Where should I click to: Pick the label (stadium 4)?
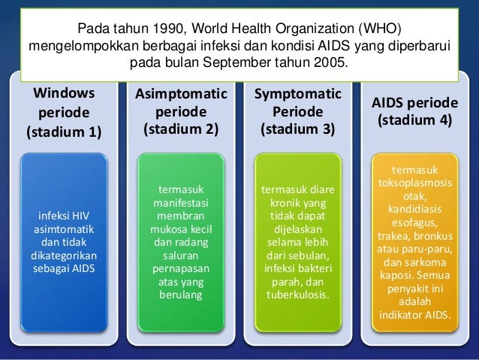415,119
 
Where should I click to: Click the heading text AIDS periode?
415,102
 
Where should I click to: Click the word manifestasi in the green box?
181,203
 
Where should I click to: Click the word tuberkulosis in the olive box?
297,294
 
